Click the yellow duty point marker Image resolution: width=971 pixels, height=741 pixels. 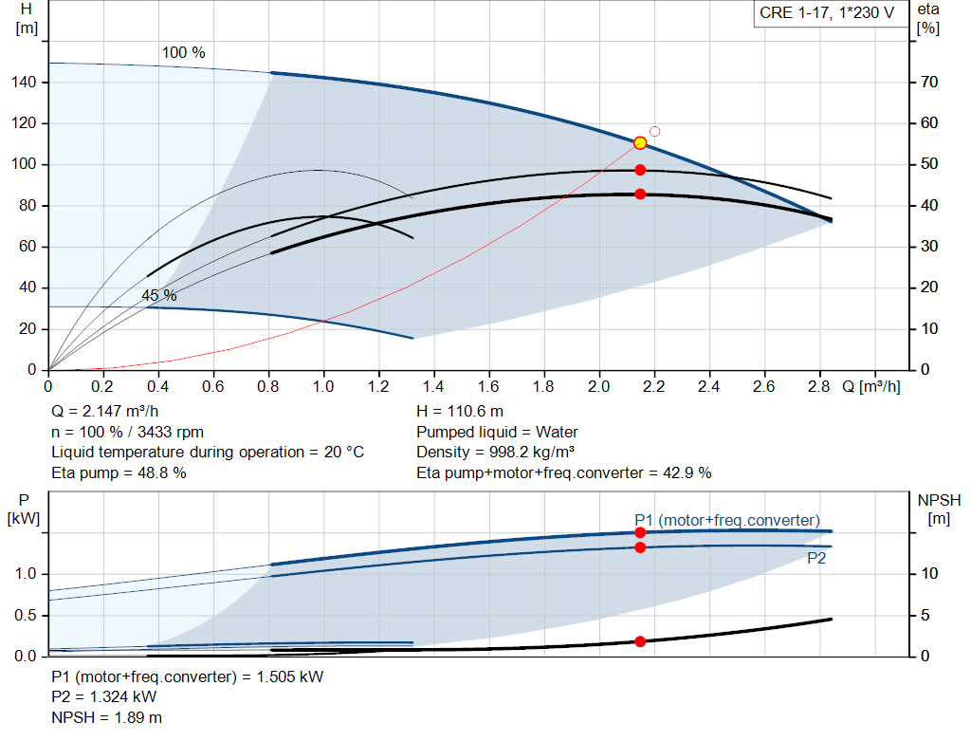640,143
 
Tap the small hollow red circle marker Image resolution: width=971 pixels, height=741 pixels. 654,131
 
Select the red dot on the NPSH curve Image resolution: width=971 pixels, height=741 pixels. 640,641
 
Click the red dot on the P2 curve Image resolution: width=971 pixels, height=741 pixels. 640,547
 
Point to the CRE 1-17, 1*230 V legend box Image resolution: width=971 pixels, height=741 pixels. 827,13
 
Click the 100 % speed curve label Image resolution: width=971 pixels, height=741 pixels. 183,53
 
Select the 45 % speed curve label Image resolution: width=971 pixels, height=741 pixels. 159,295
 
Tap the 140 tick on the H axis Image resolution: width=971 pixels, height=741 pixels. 24,82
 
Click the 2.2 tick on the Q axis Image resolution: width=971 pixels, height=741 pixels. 654,386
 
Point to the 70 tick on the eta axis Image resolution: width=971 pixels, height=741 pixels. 929,82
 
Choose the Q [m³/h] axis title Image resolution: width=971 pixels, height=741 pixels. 871,386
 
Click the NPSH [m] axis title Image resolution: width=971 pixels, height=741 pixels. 939,509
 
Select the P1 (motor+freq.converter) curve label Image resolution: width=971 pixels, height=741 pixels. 727,521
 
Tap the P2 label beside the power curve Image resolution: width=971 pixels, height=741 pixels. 816,559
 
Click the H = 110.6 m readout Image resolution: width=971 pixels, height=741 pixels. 460,412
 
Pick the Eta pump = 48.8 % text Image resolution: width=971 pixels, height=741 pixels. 119,473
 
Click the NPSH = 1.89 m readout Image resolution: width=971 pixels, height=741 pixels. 106,717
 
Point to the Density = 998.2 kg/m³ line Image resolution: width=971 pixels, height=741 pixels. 495,453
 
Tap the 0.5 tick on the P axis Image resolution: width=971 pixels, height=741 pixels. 26,615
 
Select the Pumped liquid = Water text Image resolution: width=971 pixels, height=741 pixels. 497,432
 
